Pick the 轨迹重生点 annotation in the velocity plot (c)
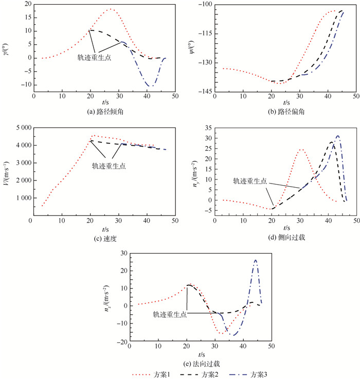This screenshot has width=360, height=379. (x=109, y=166)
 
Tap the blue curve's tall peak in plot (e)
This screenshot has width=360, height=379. (x=256, y=260)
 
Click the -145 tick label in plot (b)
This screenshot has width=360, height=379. (x=208, y=92)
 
